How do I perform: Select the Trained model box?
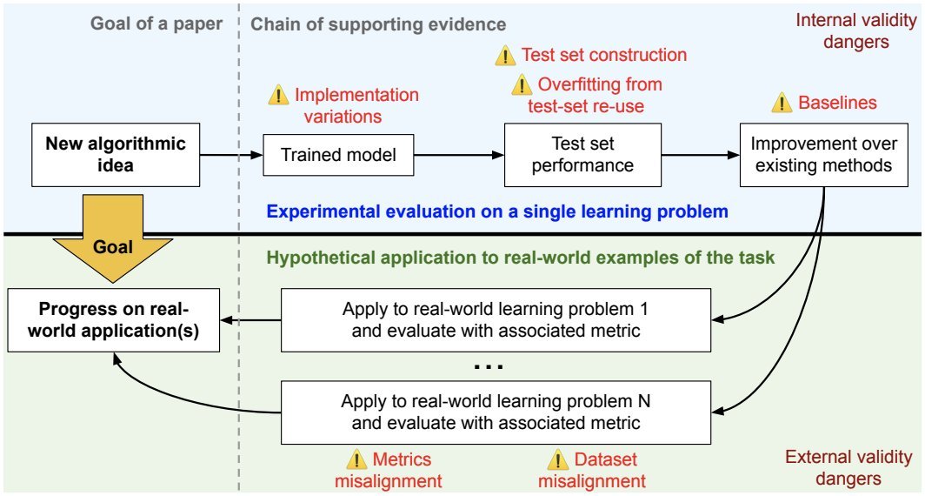click(x=338, y=155)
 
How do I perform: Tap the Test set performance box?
click(x=582, y=154)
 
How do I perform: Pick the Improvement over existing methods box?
click(x=822, y=154)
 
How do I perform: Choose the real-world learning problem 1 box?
click(x=496, y=319)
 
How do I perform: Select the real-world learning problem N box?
click(x=496, y=412)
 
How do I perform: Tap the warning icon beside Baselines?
click(x=782, y=104)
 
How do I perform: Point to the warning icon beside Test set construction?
click(x=505, y=57)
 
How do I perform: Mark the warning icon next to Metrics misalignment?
click(x=356, y=460)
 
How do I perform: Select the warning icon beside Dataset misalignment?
click(x=556, y=460)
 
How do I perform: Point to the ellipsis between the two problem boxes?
click(x=489, y=366)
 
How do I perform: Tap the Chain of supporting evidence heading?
click(x=378, y=23)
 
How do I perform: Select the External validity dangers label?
click(x=848, y=467)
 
